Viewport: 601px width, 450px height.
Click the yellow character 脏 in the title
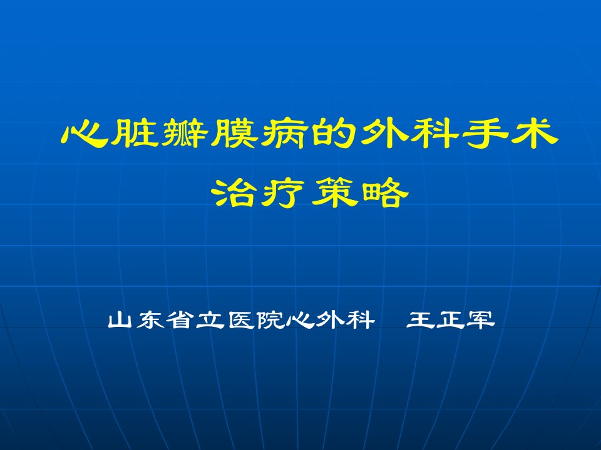135,133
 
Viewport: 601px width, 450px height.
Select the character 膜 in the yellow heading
235,133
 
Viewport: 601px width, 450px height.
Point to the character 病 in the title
285,134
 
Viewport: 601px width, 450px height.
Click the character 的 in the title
334,133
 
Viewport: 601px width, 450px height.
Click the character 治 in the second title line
234,192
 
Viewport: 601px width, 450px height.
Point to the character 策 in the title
335,192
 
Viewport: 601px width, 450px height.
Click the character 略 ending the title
385,192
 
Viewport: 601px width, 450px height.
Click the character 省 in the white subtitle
180,320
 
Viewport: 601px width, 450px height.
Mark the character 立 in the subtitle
210,320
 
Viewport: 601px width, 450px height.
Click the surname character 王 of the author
420,320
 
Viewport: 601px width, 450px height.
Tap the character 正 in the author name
450,320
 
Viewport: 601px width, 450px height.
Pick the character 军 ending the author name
481,320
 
